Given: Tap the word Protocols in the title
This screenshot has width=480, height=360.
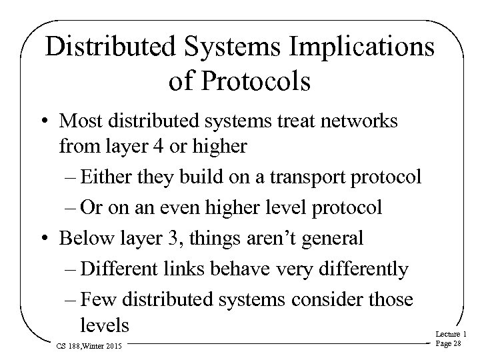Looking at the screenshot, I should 259,82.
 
